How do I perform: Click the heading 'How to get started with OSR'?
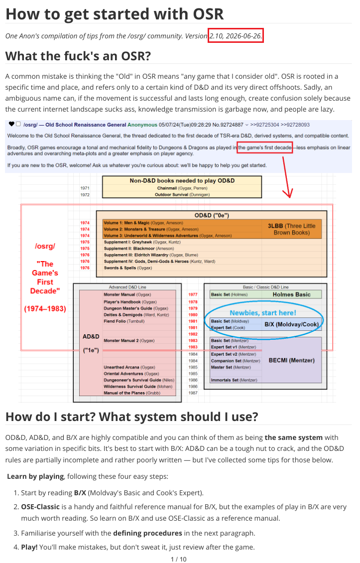115,14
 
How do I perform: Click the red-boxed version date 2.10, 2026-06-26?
236,35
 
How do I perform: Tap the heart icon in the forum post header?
11,124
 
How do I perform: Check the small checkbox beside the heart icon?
18,124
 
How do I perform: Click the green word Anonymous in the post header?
142,125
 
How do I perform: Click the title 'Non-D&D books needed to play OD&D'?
182,180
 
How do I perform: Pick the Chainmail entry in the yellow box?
182,188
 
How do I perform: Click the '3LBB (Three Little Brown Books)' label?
291,229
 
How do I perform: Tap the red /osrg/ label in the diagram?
45,246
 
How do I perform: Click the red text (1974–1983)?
45,309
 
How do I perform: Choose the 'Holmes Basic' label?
291,294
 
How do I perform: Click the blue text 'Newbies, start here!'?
263,313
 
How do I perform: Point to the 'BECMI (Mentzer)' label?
291,360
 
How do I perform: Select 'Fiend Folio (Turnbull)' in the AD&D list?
124,321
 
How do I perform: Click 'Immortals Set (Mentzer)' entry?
234,380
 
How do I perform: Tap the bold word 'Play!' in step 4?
29,547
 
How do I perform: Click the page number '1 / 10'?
179,559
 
